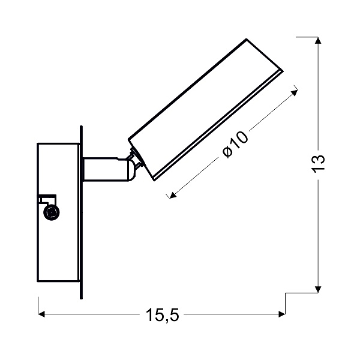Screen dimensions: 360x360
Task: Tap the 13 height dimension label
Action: (319, 163)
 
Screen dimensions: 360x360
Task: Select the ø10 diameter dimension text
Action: (235, 145)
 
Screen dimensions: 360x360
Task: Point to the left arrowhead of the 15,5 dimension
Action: (42, 314)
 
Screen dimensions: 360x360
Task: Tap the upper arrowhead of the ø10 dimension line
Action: (294, 91)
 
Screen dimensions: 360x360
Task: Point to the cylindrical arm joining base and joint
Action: (102, 169)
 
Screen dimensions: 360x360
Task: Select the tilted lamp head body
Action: (204, 108)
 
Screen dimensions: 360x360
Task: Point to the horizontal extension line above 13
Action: (306, 37)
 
